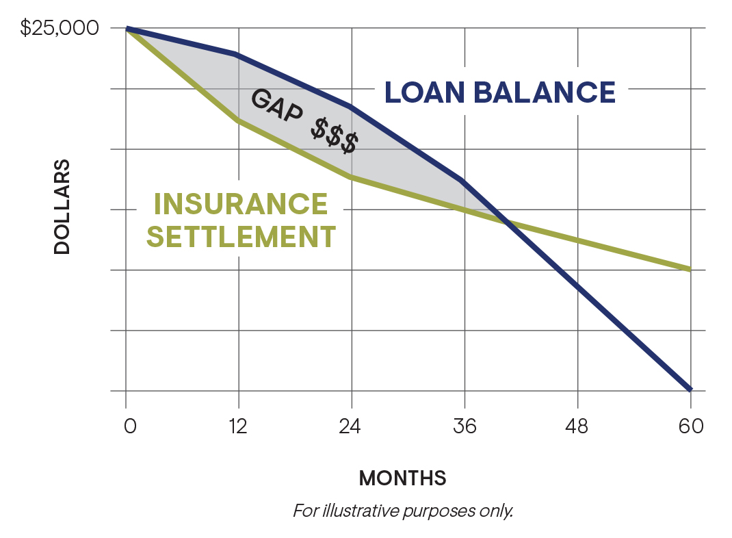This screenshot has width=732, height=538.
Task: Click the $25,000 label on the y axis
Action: click(60, 28)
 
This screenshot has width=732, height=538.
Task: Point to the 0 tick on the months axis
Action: click(130, 426)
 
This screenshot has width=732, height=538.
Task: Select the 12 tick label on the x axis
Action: click(239, 426)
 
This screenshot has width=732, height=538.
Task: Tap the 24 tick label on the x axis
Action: click(350, 426)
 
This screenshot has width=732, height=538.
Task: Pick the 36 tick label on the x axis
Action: click(465, 426)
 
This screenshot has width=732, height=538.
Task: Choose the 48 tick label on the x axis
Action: click(577, 426)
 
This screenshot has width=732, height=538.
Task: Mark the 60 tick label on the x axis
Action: click(691, 426)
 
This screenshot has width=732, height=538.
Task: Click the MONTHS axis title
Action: click(402, 478)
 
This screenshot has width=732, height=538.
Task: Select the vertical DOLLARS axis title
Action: click(62, 207)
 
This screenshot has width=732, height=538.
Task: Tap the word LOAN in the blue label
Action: click(424, 92)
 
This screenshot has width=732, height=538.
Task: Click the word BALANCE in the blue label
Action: click(545, 92)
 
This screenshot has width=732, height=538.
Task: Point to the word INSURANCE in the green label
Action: click(241, 204)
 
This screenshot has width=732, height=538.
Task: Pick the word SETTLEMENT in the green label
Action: click(241, 236)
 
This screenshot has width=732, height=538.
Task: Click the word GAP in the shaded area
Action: click(277, 105)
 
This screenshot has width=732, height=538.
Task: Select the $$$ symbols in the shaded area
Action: click(335, 136)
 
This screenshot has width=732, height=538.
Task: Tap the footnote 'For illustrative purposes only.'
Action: click(403, 511)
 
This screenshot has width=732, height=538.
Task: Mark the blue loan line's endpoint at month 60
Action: click(690, 389)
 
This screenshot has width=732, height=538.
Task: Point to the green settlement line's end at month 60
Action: click(690, 270)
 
